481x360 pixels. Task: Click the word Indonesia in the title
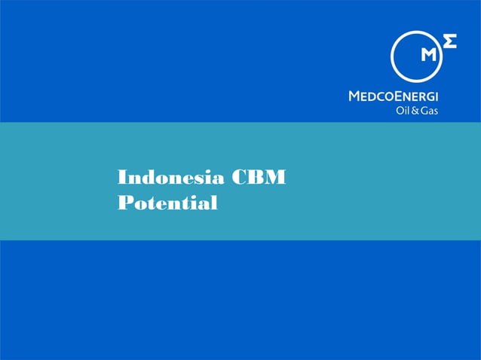(x=170, y=178)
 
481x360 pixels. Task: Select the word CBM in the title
(x=259, y=178)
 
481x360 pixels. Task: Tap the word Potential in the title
(x=167, y=203)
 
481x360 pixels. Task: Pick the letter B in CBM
(x=256, y=178)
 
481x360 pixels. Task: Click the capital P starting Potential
(x=125, y=203)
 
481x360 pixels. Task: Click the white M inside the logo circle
(x=428, y=54)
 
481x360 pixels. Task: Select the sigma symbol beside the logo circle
(x=449, y=41)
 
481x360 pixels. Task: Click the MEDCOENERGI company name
(x=394, y=96)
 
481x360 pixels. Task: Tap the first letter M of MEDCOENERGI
(x=354, y=96)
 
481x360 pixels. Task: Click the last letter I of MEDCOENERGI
(x=437, y=96)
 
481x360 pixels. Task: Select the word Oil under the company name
(x=403, y=111)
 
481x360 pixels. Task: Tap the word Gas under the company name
(x=429, y=111)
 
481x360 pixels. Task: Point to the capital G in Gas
(x=424, y=111)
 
